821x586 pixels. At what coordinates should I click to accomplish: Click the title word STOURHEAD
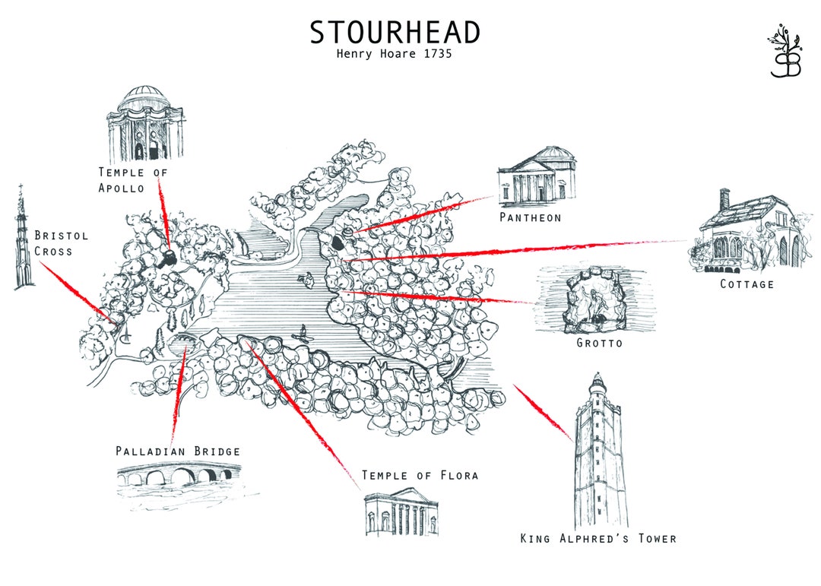(395, 32)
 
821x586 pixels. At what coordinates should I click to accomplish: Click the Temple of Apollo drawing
(145, 125)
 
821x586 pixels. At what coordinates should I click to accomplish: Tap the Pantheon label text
(531, 217)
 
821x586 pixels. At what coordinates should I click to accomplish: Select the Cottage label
(747, 284)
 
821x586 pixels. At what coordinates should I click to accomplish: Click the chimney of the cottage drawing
(724, 198)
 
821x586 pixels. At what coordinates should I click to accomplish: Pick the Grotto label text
(600, 343)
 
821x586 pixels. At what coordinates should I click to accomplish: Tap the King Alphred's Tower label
(598, 539)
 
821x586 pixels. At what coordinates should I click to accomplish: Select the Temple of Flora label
(420, 476)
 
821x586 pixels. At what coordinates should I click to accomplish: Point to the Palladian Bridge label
(178, 451)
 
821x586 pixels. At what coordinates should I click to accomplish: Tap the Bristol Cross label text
(61, 242)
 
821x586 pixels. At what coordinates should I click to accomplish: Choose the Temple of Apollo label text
(132, 180)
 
